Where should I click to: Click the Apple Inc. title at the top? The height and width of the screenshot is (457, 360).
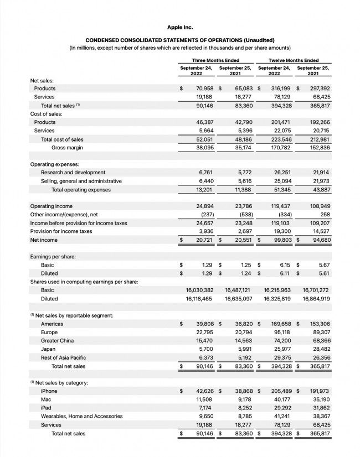pyautogui.click(x=180, y=27)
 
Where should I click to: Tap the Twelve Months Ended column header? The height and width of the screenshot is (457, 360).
pyautogui.click(x=293, y=60)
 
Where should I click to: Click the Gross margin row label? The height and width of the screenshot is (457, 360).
pyautogui.click(x=67, y=148)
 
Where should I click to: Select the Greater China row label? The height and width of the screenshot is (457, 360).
pyautogui.click(x=57, y=341)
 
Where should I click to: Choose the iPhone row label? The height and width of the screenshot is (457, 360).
pyautogui.click(x=49, y=391)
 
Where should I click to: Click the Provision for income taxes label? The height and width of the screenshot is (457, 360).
pyautogui.click(x=61, y=231)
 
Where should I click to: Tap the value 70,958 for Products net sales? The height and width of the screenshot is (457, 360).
pyautogui.click(x=202, y=89)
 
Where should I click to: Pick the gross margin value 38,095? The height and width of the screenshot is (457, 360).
pyautogui.click(x=202, y=148)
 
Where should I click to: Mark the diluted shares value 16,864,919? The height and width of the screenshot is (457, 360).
pyautogui.click(x=316, y=298)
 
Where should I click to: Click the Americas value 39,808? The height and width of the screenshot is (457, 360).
pyautogui.click(x=202, y=324)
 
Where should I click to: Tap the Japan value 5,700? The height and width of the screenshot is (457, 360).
pyautogui.click(x=204, y=349)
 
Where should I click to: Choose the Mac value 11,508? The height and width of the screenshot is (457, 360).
pyautogui.click(x=203, y=399)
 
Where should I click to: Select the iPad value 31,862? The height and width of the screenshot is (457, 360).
pyautogui.click(x=320, y=408)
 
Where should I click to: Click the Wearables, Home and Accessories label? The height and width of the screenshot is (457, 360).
pyautogui.click(x=81, y=416)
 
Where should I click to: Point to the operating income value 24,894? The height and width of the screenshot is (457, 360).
pyautogui.click(x=202, y=206)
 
